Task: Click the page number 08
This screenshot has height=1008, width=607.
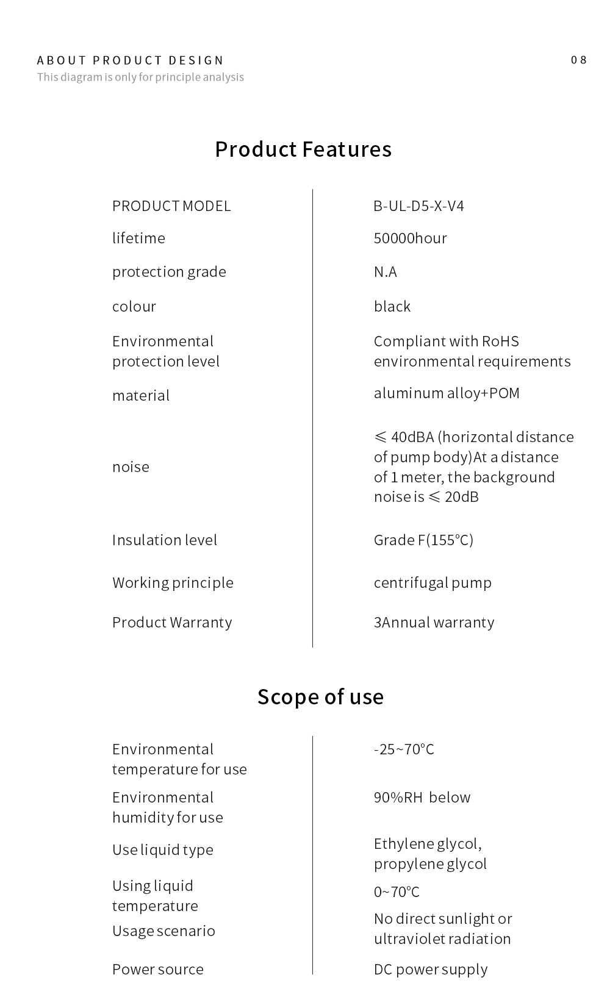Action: [578, 60]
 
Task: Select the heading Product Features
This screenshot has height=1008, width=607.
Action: [303, 149]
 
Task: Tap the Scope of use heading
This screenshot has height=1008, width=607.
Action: [320, 696]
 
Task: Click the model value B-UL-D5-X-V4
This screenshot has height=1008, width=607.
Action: [418, 206]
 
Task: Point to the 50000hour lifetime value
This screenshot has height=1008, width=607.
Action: [410, 238]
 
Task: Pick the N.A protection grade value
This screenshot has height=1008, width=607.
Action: [385, 272]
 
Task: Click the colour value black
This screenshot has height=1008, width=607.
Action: [392, 306]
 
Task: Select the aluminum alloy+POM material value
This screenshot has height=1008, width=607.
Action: [447, 393]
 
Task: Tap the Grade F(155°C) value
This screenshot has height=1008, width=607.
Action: [423, 540]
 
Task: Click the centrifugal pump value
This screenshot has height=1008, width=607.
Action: [433, 583]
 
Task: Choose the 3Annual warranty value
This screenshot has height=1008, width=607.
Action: [434, 623]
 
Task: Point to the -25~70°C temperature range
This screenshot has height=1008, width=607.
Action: [404, 749]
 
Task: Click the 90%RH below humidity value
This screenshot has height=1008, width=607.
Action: [422, 798]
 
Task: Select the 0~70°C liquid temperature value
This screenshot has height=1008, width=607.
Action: [397, 892]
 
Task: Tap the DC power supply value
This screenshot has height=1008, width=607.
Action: [431, 970]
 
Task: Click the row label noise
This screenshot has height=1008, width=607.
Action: [131, 467]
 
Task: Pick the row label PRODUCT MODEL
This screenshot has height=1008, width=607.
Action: [171, 206]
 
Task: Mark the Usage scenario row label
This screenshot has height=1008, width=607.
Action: [163, 931]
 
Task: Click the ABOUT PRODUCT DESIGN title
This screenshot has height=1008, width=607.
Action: [131, 60]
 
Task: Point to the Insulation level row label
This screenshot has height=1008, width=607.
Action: [165, 540]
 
